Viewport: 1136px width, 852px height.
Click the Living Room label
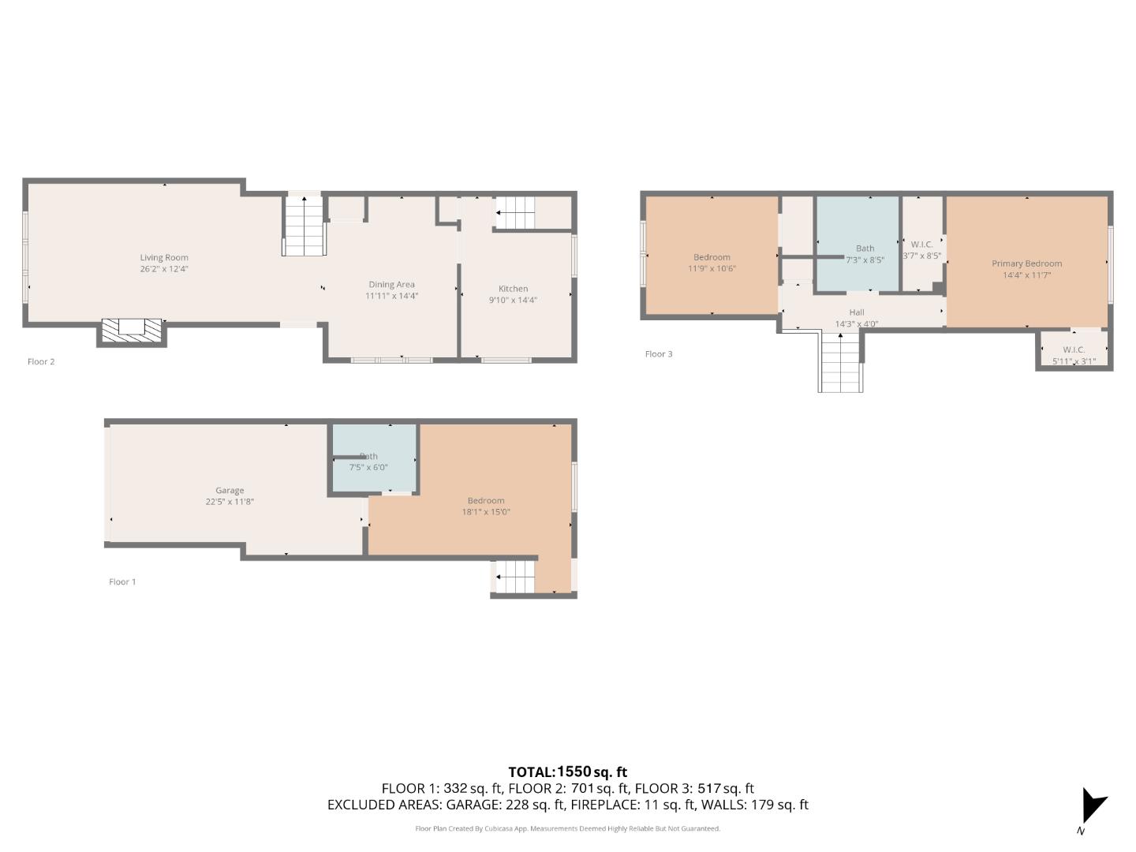pos(164,257)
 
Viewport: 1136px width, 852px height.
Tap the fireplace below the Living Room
pos(132,331)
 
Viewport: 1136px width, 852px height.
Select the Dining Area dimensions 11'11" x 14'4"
pos(391,296)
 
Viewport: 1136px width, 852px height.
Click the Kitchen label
pos(513,289)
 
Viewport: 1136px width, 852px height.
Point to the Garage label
pos(230,490)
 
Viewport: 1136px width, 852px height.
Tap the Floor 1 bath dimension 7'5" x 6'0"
pos(368,467)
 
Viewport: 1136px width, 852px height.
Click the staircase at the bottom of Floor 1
pos(514,577)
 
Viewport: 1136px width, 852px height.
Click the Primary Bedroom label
pos(1026,263)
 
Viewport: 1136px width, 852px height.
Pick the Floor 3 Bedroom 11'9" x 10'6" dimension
pos(712,268)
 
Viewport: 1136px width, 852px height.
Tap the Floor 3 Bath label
pos(865,248)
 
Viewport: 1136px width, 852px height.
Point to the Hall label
pos(857,312)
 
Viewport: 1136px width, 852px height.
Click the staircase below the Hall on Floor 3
pos(840,363)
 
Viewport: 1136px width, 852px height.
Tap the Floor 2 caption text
pos(41,361)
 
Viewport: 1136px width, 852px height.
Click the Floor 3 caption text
pos(659,353)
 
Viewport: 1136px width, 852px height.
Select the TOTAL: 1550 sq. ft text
pos(567,772)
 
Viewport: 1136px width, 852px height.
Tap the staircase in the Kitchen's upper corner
pos(514,212)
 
